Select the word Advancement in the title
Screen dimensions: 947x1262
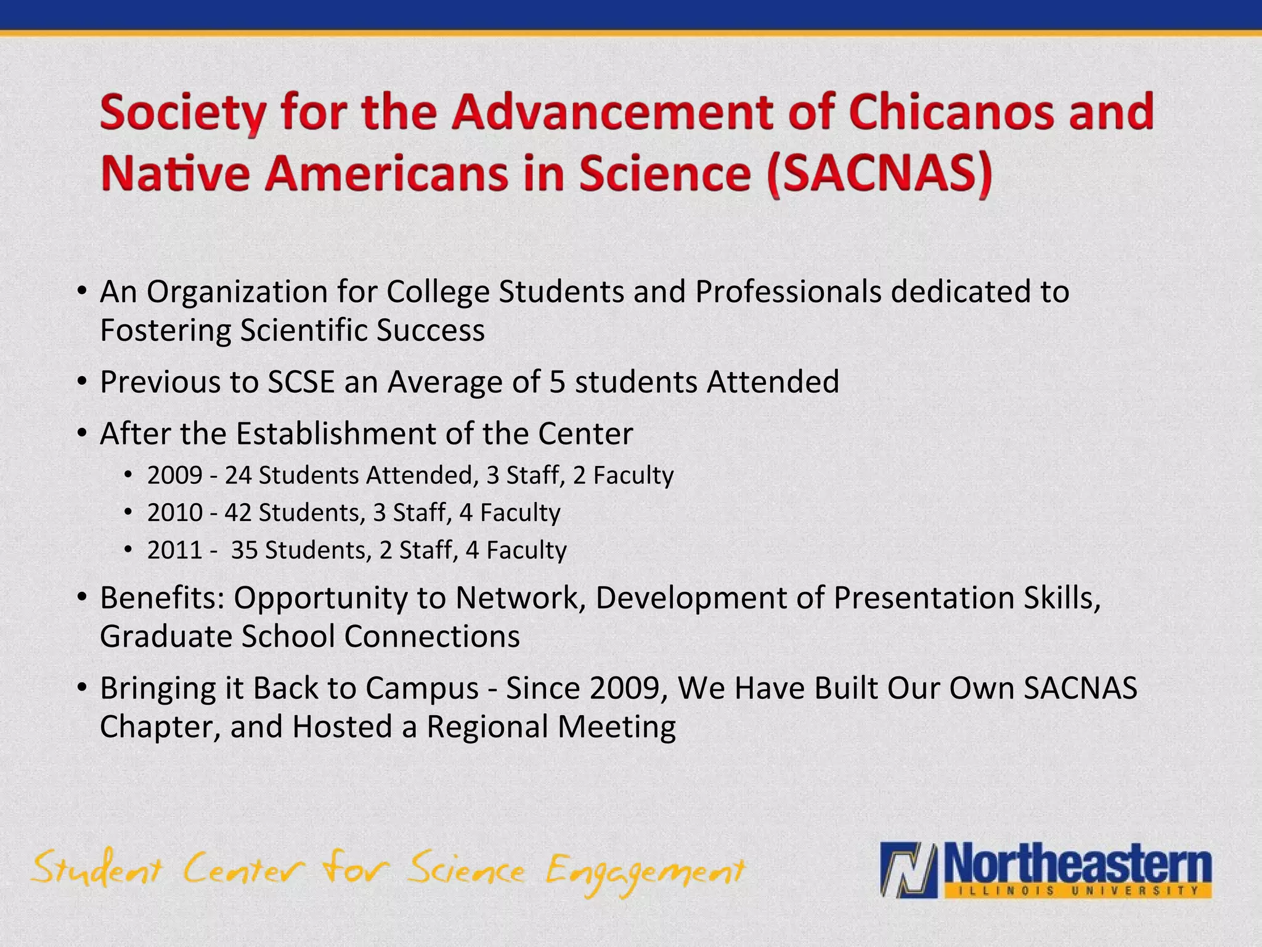613,112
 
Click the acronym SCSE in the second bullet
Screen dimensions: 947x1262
301,382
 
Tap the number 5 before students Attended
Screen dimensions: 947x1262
556,382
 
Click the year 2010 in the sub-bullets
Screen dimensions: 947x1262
174,513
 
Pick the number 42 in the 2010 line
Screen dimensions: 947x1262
238,513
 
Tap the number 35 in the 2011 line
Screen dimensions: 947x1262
244,551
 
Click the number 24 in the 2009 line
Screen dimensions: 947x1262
238,475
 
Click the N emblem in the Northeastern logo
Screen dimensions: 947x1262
908,870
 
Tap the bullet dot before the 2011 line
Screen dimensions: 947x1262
128,549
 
